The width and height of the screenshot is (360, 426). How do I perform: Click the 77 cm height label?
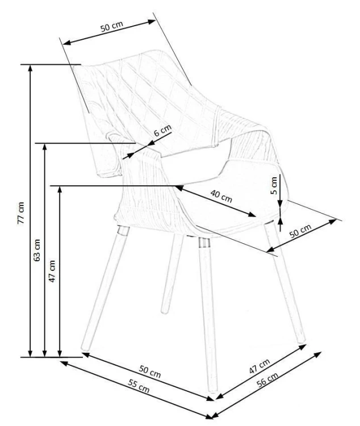pos(21,213)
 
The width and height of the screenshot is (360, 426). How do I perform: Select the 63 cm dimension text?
pos(36,250)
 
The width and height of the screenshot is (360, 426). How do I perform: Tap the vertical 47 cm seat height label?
pos(52,271)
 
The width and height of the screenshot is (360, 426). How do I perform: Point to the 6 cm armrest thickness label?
pos(162,131)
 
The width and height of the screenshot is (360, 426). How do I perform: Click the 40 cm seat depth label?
pos(221,196)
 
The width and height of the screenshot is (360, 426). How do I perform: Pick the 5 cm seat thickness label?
pos(274,186)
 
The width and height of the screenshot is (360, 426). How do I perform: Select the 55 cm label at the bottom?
pos(139,386)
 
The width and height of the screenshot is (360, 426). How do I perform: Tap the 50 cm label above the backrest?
pos(112,26)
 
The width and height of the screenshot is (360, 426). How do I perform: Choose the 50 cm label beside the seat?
pos(300,231)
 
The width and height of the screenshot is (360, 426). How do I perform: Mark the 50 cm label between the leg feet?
pos(150,371)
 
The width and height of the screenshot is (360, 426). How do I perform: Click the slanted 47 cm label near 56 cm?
pos(259,366)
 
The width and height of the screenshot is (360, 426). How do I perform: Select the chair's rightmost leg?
pos(285,283)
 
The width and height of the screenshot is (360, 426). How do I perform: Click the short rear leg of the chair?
pos(171,274)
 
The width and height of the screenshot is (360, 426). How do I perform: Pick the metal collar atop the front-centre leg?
pos(204,243)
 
